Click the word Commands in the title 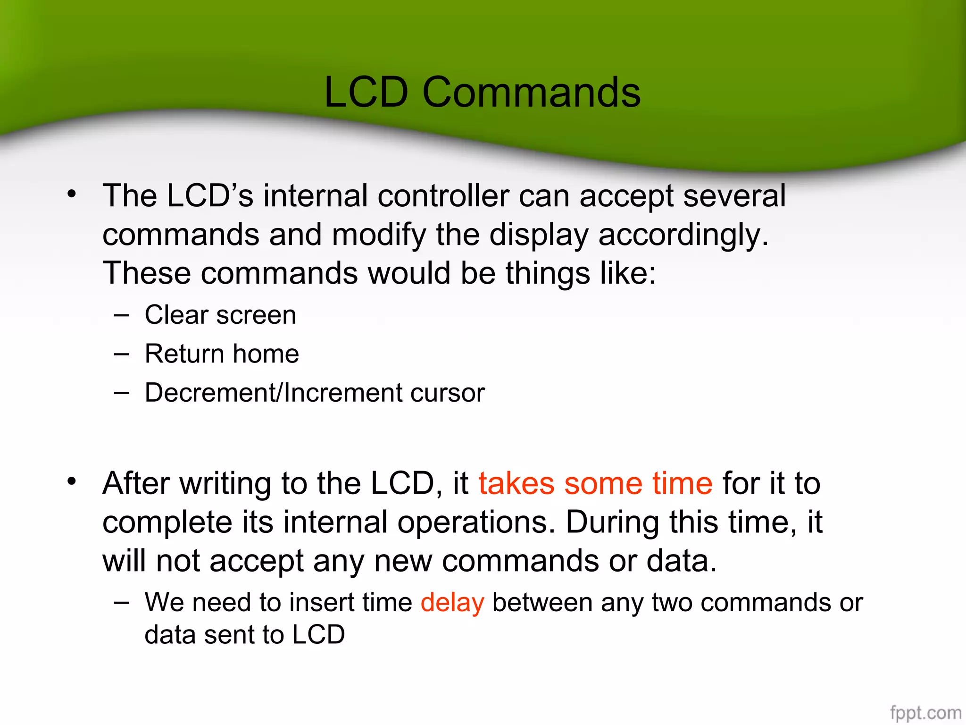(x=531, y=93)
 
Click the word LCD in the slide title (x=366, y=93)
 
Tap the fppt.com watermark (x=925, y=712)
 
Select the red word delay (x=452, y=603)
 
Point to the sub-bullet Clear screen (x=220, y=315)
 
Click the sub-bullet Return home (x=222, y=354)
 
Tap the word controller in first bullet (x=443, y=196)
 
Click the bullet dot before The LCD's (x=71, y=194)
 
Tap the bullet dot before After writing (x=71, y=481)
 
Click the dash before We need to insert (x=121, y=603)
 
